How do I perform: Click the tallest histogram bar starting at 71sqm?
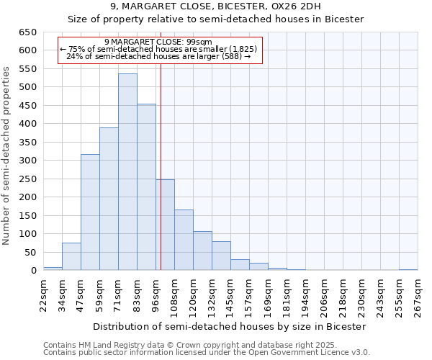click(127, 172)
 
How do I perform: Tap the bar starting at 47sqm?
click(90, 212)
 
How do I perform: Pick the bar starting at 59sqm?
click(109, 199)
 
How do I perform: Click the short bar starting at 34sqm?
click(71, 257)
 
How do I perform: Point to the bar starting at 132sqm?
click(221, 256)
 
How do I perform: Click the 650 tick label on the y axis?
click(27, 32)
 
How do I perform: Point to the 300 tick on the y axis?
click(27, 161)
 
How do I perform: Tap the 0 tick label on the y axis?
click(33, 271)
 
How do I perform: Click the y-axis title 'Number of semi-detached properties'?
click(6, 155)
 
